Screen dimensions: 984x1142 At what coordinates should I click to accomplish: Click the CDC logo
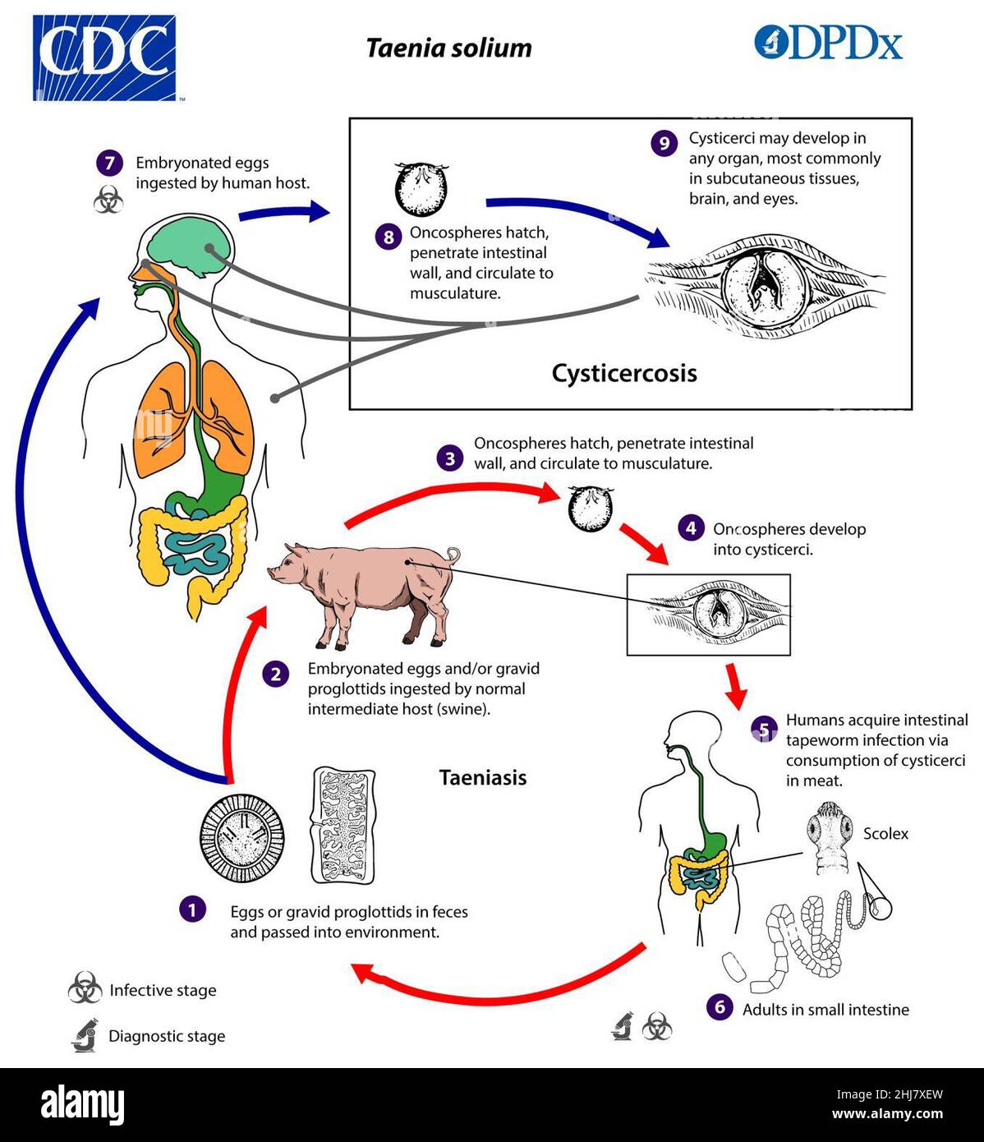coord(104,58)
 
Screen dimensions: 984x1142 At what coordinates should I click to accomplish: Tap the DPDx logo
coord(828,42)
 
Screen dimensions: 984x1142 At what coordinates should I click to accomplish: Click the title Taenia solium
coord(448,48)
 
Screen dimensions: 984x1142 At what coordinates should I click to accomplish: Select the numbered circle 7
coord(109,163)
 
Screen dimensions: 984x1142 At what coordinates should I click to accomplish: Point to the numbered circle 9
coord(664,143)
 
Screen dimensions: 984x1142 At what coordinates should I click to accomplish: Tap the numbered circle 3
coord(450,458)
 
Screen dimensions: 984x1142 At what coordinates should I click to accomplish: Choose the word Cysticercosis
coord(624,374)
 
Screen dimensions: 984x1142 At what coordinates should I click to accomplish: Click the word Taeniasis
coord(483,777)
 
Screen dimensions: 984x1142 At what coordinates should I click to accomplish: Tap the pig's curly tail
coord(453,555)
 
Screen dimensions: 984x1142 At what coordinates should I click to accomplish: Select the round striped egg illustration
coord(242,839)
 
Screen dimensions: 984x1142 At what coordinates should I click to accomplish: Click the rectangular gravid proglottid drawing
coord(343,826)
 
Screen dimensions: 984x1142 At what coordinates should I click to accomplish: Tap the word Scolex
coord(885,833)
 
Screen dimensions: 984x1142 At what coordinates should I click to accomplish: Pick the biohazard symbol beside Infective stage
coord(85,988)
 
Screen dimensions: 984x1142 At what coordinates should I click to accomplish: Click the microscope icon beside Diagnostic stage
coord(85,1035)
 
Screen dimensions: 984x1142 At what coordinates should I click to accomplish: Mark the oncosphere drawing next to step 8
coord(421,189)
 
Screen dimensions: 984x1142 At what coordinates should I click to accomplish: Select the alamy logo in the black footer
coord(82,1103)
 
